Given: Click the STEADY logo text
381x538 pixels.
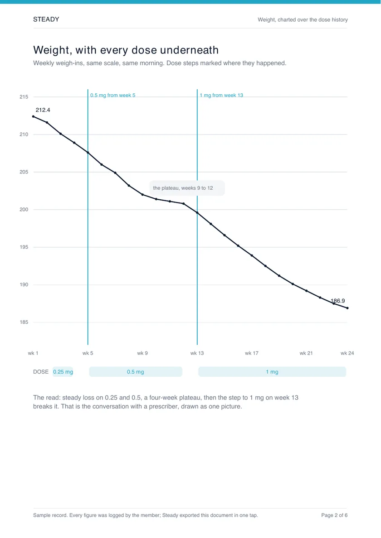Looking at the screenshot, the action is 46,19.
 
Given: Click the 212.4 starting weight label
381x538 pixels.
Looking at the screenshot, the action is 43,110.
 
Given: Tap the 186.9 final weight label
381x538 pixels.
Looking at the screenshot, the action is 338,301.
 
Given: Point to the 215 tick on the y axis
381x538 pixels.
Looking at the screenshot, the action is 24,97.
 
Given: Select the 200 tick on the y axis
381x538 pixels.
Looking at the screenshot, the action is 24,209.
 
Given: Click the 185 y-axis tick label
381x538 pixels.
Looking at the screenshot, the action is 24,322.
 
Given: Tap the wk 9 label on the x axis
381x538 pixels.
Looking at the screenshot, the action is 142,353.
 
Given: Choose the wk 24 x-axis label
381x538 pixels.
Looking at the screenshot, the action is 347,353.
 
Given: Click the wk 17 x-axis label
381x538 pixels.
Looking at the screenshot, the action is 251,353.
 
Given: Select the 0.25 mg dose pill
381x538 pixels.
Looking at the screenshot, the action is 63,372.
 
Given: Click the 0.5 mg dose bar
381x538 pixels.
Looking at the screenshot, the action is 135,372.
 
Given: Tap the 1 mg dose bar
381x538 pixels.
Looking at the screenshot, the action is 272,372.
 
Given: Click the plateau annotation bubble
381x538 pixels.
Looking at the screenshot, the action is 187,188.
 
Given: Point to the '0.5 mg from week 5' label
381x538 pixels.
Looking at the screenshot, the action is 112,95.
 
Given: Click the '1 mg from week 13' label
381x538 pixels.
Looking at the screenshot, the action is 221,95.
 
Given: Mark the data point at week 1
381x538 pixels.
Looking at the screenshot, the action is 33,116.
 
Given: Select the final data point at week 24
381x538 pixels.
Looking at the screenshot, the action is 347,308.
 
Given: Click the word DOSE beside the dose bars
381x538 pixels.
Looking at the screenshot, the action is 40,372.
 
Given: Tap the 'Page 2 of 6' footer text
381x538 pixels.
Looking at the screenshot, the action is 334,515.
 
